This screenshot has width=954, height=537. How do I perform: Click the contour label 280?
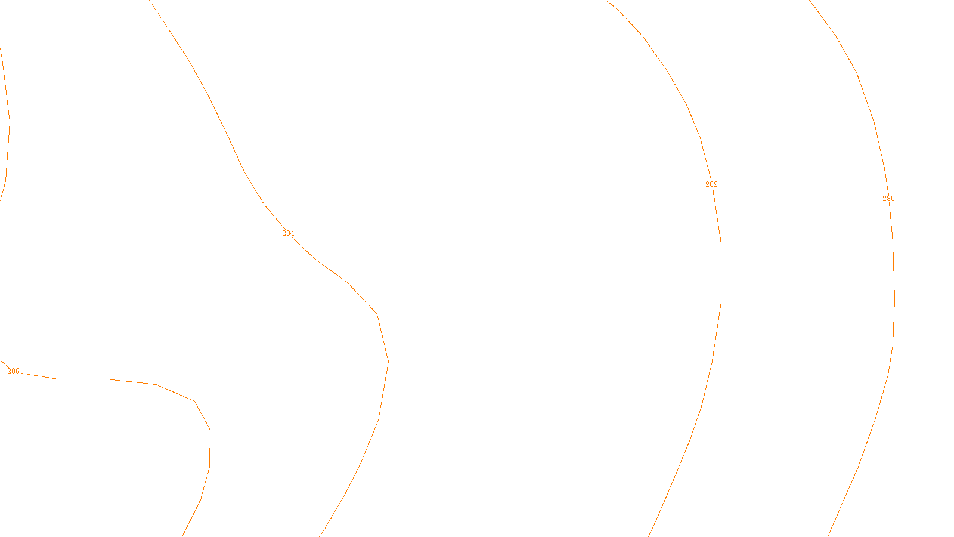click(888, 199)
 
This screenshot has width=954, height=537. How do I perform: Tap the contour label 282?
click(711, 184)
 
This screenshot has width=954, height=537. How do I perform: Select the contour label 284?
click(288, 233)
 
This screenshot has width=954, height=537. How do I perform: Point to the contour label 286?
click(13, 371)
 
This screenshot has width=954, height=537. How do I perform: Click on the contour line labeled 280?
click(894, 298)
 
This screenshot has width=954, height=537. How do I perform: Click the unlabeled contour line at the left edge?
click(9, 119)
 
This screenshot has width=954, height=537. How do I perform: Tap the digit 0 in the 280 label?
click(893, 199)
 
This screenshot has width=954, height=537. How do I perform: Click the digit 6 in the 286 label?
click(17, 371)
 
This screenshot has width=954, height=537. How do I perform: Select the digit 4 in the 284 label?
click(292, 233)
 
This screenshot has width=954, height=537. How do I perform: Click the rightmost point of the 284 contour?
click(388, 362)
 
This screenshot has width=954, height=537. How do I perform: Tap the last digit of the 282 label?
click(715, 184)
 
